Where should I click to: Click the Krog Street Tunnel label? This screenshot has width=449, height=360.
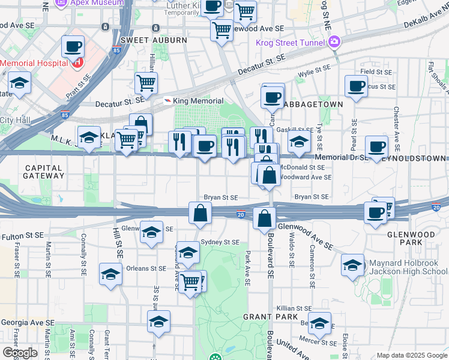(289, 42)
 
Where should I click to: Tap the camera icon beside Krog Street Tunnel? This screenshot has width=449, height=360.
(334, 42)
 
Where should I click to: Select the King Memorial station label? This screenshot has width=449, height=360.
(198, 101)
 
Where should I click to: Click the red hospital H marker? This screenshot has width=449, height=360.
(76, 62)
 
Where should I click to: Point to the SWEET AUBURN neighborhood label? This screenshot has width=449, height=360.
(153, 40)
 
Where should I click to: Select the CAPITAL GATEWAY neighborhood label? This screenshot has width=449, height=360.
(44, 172)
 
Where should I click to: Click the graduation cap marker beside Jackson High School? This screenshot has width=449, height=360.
(352, 265)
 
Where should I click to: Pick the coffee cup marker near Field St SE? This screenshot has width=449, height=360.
(356, 86)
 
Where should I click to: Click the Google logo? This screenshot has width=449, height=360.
(20, 353)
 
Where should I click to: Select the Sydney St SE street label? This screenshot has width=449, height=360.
(220, 242)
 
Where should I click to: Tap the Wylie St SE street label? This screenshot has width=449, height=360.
(314, 74)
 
